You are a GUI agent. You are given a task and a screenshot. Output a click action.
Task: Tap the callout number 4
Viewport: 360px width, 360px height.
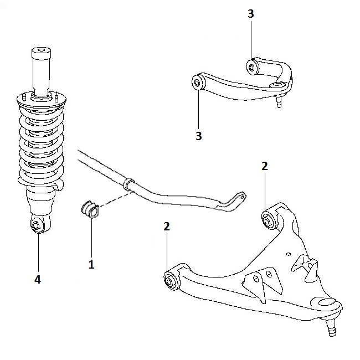[x=38, y=280]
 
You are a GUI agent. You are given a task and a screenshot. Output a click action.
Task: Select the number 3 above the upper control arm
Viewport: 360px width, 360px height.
[x=251, y=14]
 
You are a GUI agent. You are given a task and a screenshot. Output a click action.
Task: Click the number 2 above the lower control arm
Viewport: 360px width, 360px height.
[x=265, y=166]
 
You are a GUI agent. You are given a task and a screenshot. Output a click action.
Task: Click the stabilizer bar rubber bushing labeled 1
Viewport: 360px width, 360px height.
[x=90, y=210]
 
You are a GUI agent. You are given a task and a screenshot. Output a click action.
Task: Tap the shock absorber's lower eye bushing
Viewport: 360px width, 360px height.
[x=36, y=225]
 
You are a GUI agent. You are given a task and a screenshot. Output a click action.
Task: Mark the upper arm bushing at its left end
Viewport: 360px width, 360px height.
[x=198, y=83]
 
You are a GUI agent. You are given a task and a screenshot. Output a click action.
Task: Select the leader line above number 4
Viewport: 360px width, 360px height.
[x=38, y=252]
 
